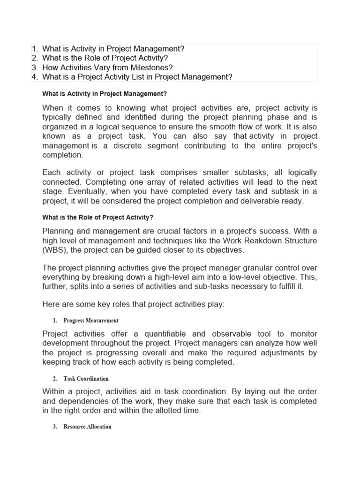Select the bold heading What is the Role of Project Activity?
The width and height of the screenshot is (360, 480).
[98, 217]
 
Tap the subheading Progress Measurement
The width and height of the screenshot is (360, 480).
[91, 321]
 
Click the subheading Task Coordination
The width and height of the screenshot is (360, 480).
[86, 378]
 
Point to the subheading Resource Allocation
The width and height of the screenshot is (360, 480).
[87, 427]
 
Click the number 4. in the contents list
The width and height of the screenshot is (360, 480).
[35, 77]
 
